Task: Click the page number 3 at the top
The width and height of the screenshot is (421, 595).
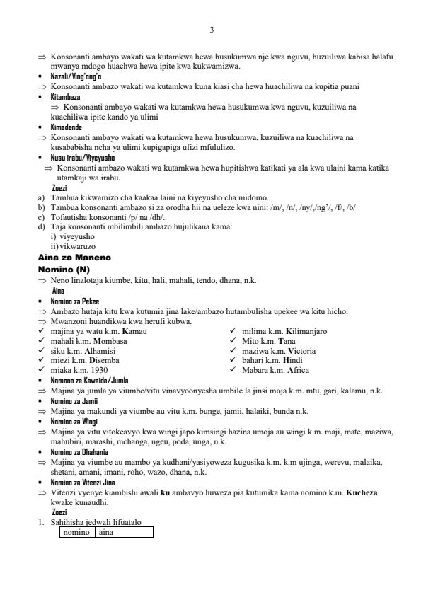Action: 212,29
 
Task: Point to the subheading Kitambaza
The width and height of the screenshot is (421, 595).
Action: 65,96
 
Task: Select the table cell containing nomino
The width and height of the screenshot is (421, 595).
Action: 76,532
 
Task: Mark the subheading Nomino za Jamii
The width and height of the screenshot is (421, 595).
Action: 74,401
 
